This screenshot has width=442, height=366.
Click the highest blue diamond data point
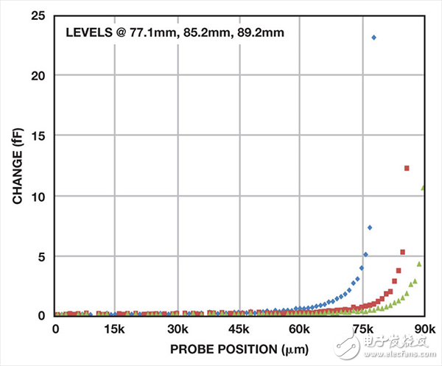coord(373,37)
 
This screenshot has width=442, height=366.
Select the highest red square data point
coord(407,169)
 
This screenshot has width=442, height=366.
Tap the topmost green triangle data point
coord(423,188)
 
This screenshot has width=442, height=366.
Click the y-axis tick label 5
coord(42,257)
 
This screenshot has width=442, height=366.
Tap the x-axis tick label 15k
coord(114,329)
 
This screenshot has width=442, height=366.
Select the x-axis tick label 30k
coord(177,329)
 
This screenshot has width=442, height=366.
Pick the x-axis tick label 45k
coord(239,329)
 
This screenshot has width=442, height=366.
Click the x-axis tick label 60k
coord(301,329)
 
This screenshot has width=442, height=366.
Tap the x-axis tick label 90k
coord(423,329)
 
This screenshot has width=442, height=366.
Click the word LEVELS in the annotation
coord(88,33)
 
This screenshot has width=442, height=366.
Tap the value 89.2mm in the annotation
coord(258,33)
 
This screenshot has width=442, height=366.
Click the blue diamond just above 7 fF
coord(369,228)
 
